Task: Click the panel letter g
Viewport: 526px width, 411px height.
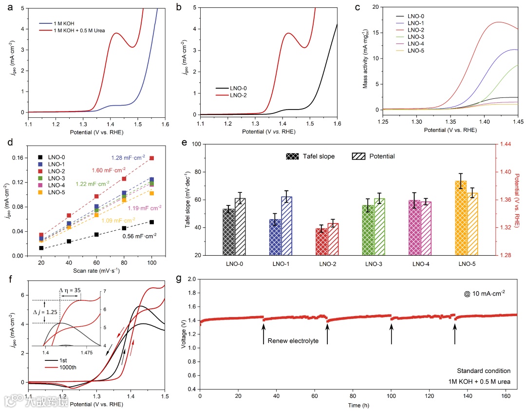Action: pos(179,279)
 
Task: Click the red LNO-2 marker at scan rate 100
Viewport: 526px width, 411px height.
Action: pos(152,158)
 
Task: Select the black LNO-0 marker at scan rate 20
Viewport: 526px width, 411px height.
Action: pos(41,248)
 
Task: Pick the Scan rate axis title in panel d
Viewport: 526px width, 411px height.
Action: pos(96,270)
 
